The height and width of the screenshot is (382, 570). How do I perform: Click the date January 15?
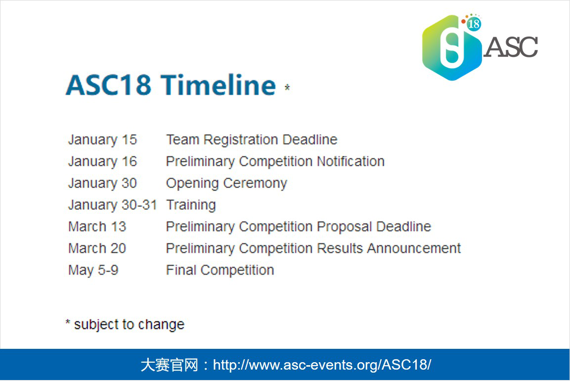click(102, 140)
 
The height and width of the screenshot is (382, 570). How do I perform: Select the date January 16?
click(102, 162)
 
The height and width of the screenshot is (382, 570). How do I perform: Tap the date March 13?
click(97, 227)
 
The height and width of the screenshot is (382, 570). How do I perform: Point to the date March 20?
click(97, 248)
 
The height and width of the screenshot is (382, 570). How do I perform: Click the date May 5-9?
click(93, 271)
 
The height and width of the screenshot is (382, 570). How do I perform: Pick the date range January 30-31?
click(113, 205)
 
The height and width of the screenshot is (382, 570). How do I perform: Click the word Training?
click(191, 205)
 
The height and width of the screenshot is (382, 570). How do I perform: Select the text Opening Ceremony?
click(226, 184)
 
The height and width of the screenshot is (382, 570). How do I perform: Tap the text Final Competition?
click(220, 270)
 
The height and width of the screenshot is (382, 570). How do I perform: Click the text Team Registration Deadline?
click(252, 140)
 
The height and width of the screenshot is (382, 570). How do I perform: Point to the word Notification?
click(351, 161)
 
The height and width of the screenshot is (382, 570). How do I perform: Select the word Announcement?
click(414, 248)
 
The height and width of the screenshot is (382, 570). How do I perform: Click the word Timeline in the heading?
click(218, 85)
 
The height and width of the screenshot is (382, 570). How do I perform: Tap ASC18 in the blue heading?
click(108, 85)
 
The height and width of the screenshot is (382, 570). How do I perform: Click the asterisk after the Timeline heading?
click(287, 87)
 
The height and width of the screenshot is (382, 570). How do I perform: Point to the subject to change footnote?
click(125, 325)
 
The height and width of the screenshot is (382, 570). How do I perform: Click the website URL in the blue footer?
click(322, 365)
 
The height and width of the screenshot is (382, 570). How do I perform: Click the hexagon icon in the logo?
click(451, 48)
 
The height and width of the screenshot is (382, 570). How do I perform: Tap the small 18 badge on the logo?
click(474, 24)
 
